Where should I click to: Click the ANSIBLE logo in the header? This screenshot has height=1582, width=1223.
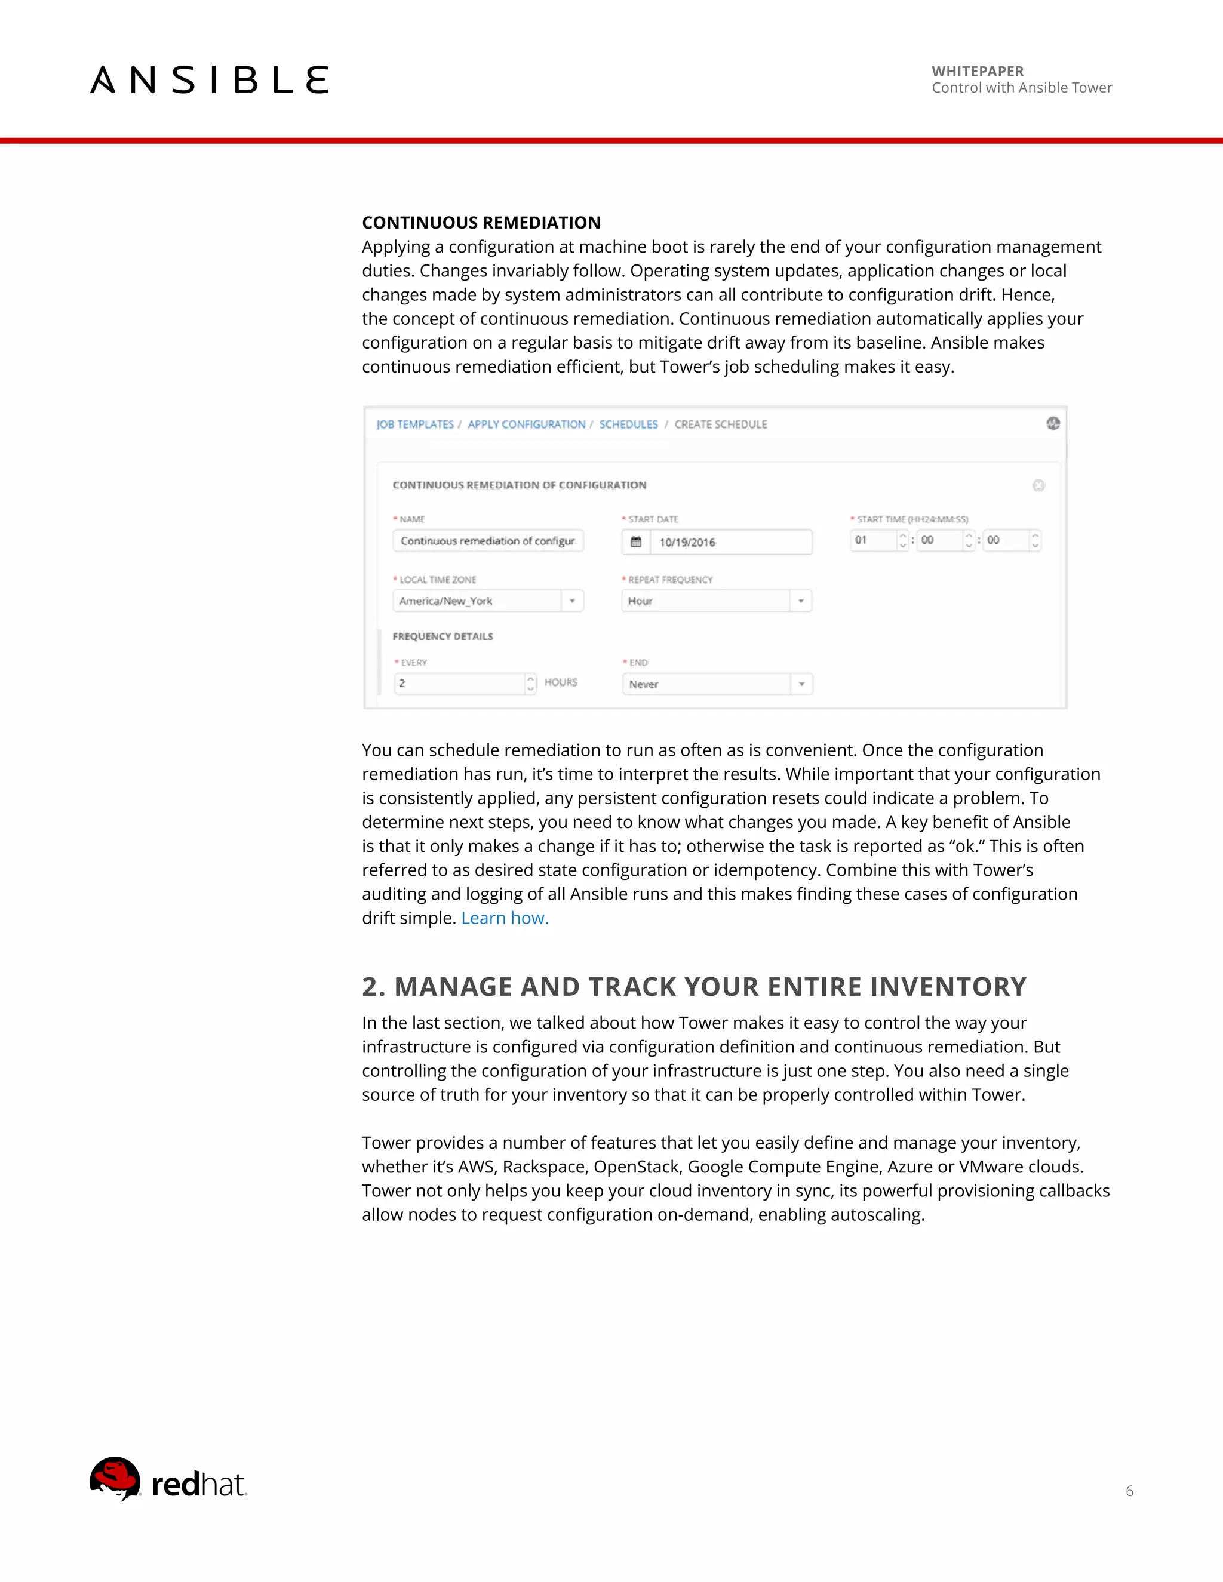[x=210, y=79]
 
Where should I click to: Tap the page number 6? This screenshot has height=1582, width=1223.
[x=1129, y=1491]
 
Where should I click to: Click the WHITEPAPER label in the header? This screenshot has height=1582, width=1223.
[x=978, y=71]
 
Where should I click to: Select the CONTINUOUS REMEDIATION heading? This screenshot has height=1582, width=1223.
[x=481, y=223]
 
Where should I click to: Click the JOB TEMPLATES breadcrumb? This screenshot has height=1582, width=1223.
[x=414, y=424]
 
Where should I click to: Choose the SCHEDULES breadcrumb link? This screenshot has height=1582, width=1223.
[x=628, y=424]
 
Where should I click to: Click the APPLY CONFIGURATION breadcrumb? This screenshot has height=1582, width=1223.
[x=526, y=424]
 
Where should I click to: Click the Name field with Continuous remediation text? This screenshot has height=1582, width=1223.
[x=488, y=541]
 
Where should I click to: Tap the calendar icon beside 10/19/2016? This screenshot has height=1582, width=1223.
[x=636, y=542]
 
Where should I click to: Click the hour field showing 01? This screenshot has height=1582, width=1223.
[x=873, y=540]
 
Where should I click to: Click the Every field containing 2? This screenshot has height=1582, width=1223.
[x=459, y=683]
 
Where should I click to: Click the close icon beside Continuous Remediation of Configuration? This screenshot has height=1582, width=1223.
[x=1038, y=485]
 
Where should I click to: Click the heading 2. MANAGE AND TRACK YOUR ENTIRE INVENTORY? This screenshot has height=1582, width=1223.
[x=694, y=987]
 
